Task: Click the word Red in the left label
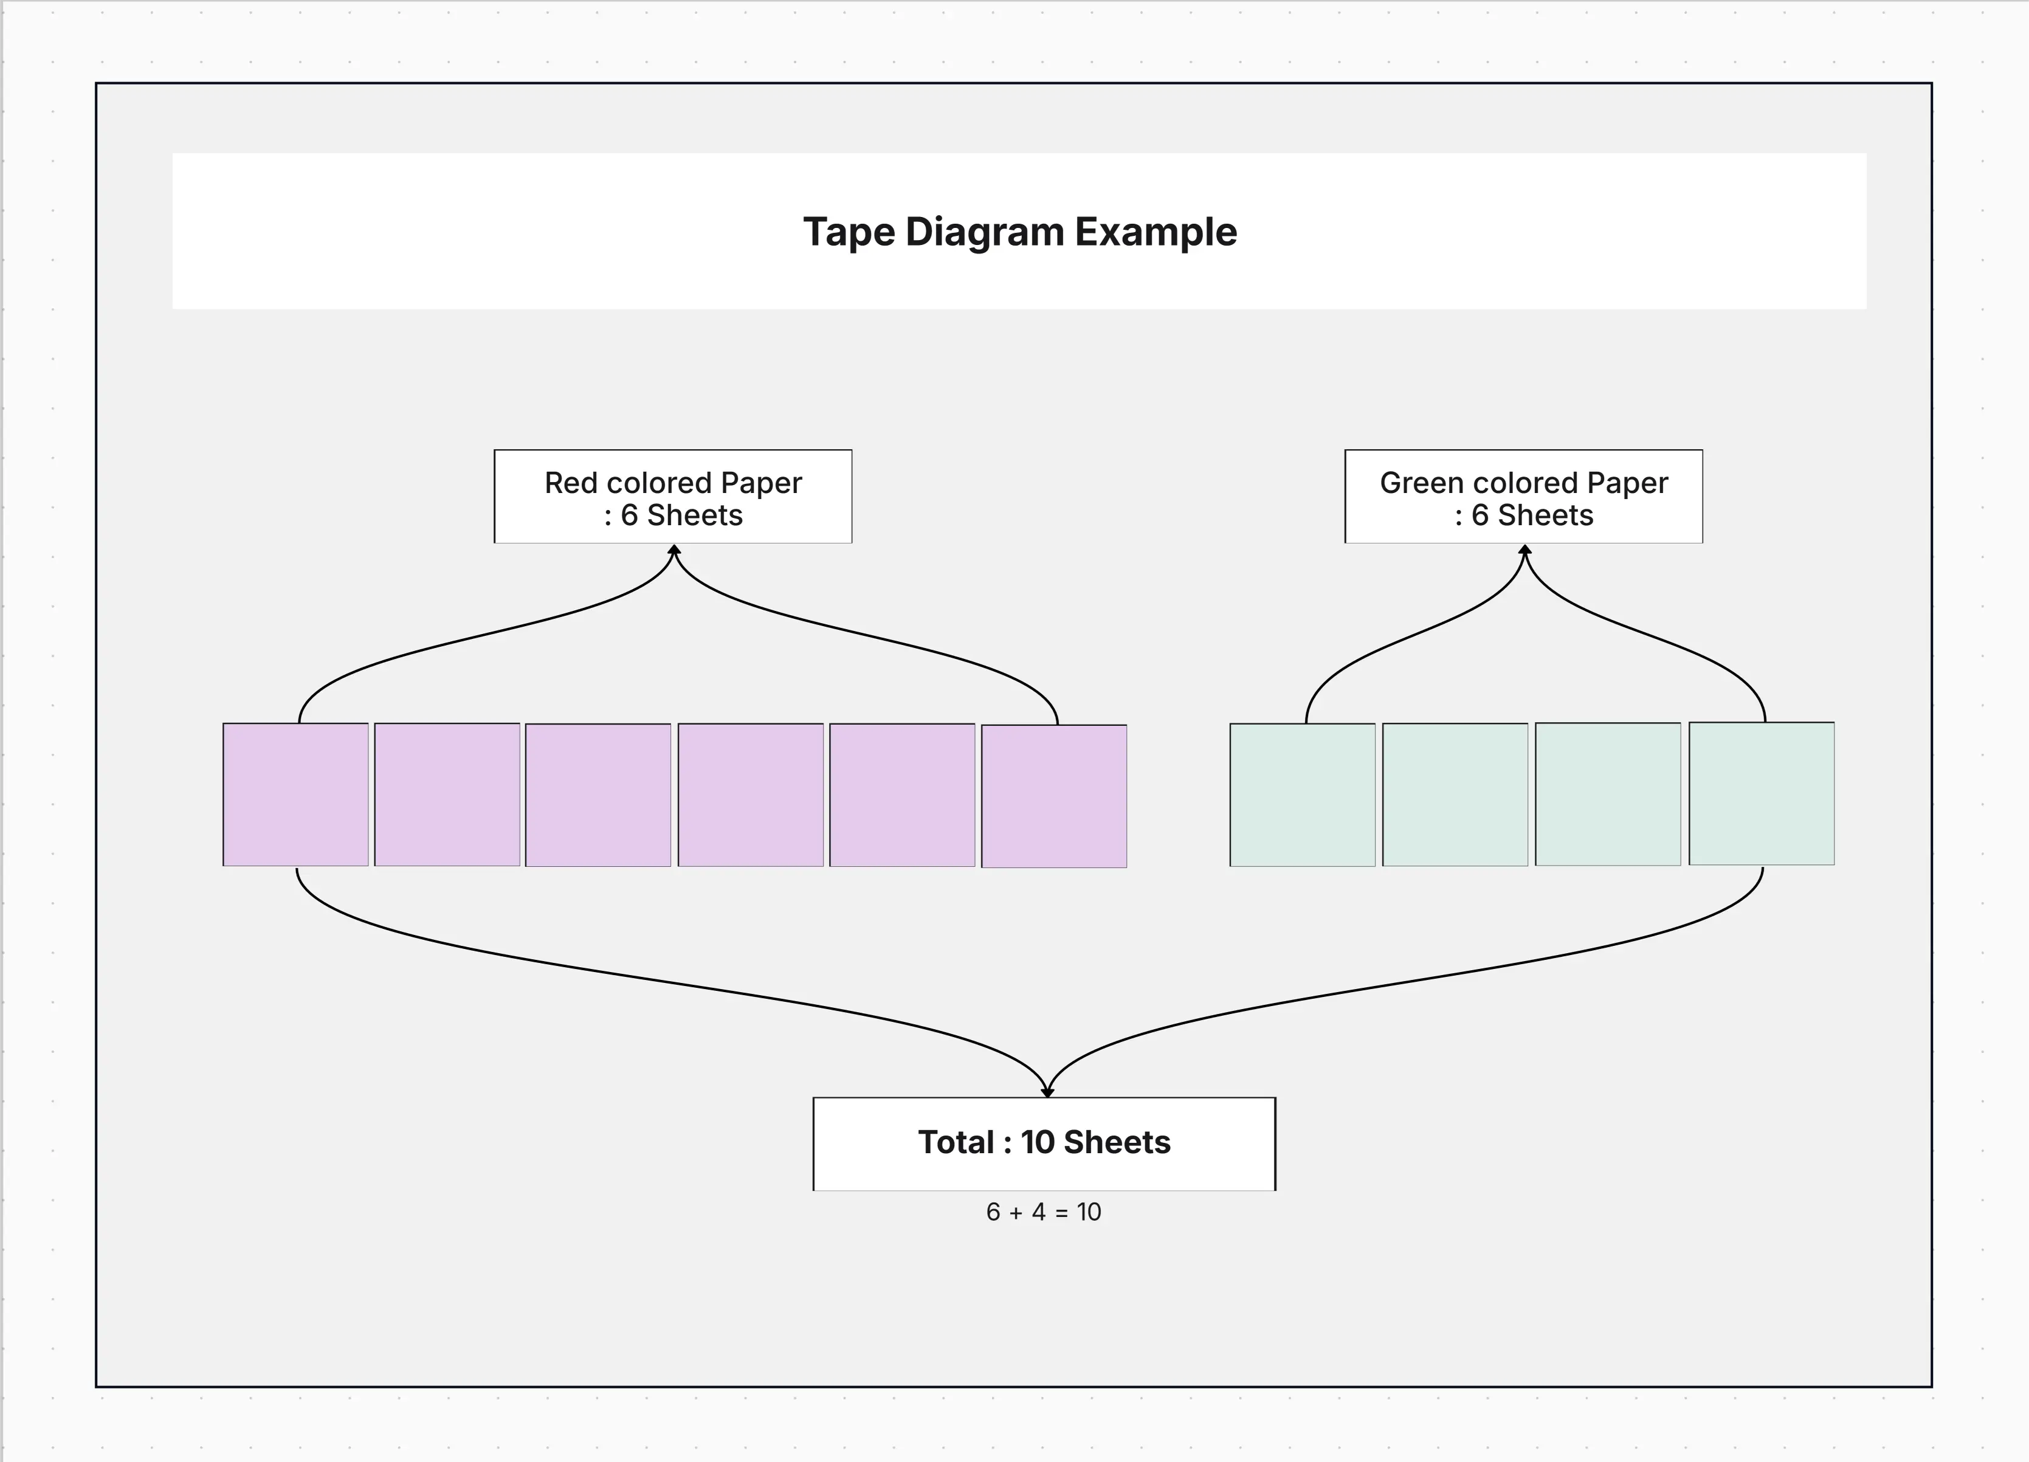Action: [570, 483]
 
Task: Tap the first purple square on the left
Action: [295, 795]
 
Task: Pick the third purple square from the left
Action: [598, 795]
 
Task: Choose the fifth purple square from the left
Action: [902, 795]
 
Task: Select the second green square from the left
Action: [1455, 795]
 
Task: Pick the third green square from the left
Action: [1608, 795]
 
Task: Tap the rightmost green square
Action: [1760, 794]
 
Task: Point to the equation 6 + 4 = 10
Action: [1043, 1212]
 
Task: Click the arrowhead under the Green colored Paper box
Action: [1524, 550]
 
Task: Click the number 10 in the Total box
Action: [1037, 1143]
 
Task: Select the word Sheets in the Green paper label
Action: [1545, 515]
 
